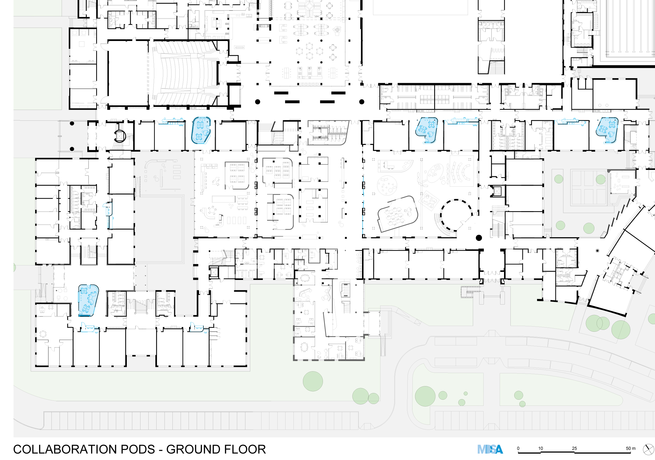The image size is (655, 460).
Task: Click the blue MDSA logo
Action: (490, 450)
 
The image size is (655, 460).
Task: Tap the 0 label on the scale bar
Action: (518, 448)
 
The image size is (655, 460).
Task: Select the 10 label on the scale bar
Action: (541, 448)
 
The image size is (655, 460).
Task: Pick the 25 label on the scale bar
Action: (574, 448)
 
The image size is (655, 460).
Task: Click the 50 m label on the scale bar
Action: (631, 448)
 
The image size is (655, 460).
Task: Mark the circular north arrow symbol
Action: (648, 450)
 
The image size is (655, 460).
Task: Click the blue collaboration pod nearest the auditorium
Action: (201, 130)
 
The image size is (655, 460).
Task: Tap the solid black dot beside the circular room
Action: (479, 238)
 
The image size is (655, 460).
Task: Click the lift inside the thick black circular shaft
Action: (119, 136)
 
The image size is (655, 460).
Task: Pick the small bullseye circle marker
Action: (597, 251)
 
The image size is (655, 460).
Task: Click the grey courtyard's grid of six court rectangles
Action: (588, 187)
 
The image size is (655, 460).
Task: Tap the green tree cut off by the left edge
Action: (15, 267)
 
